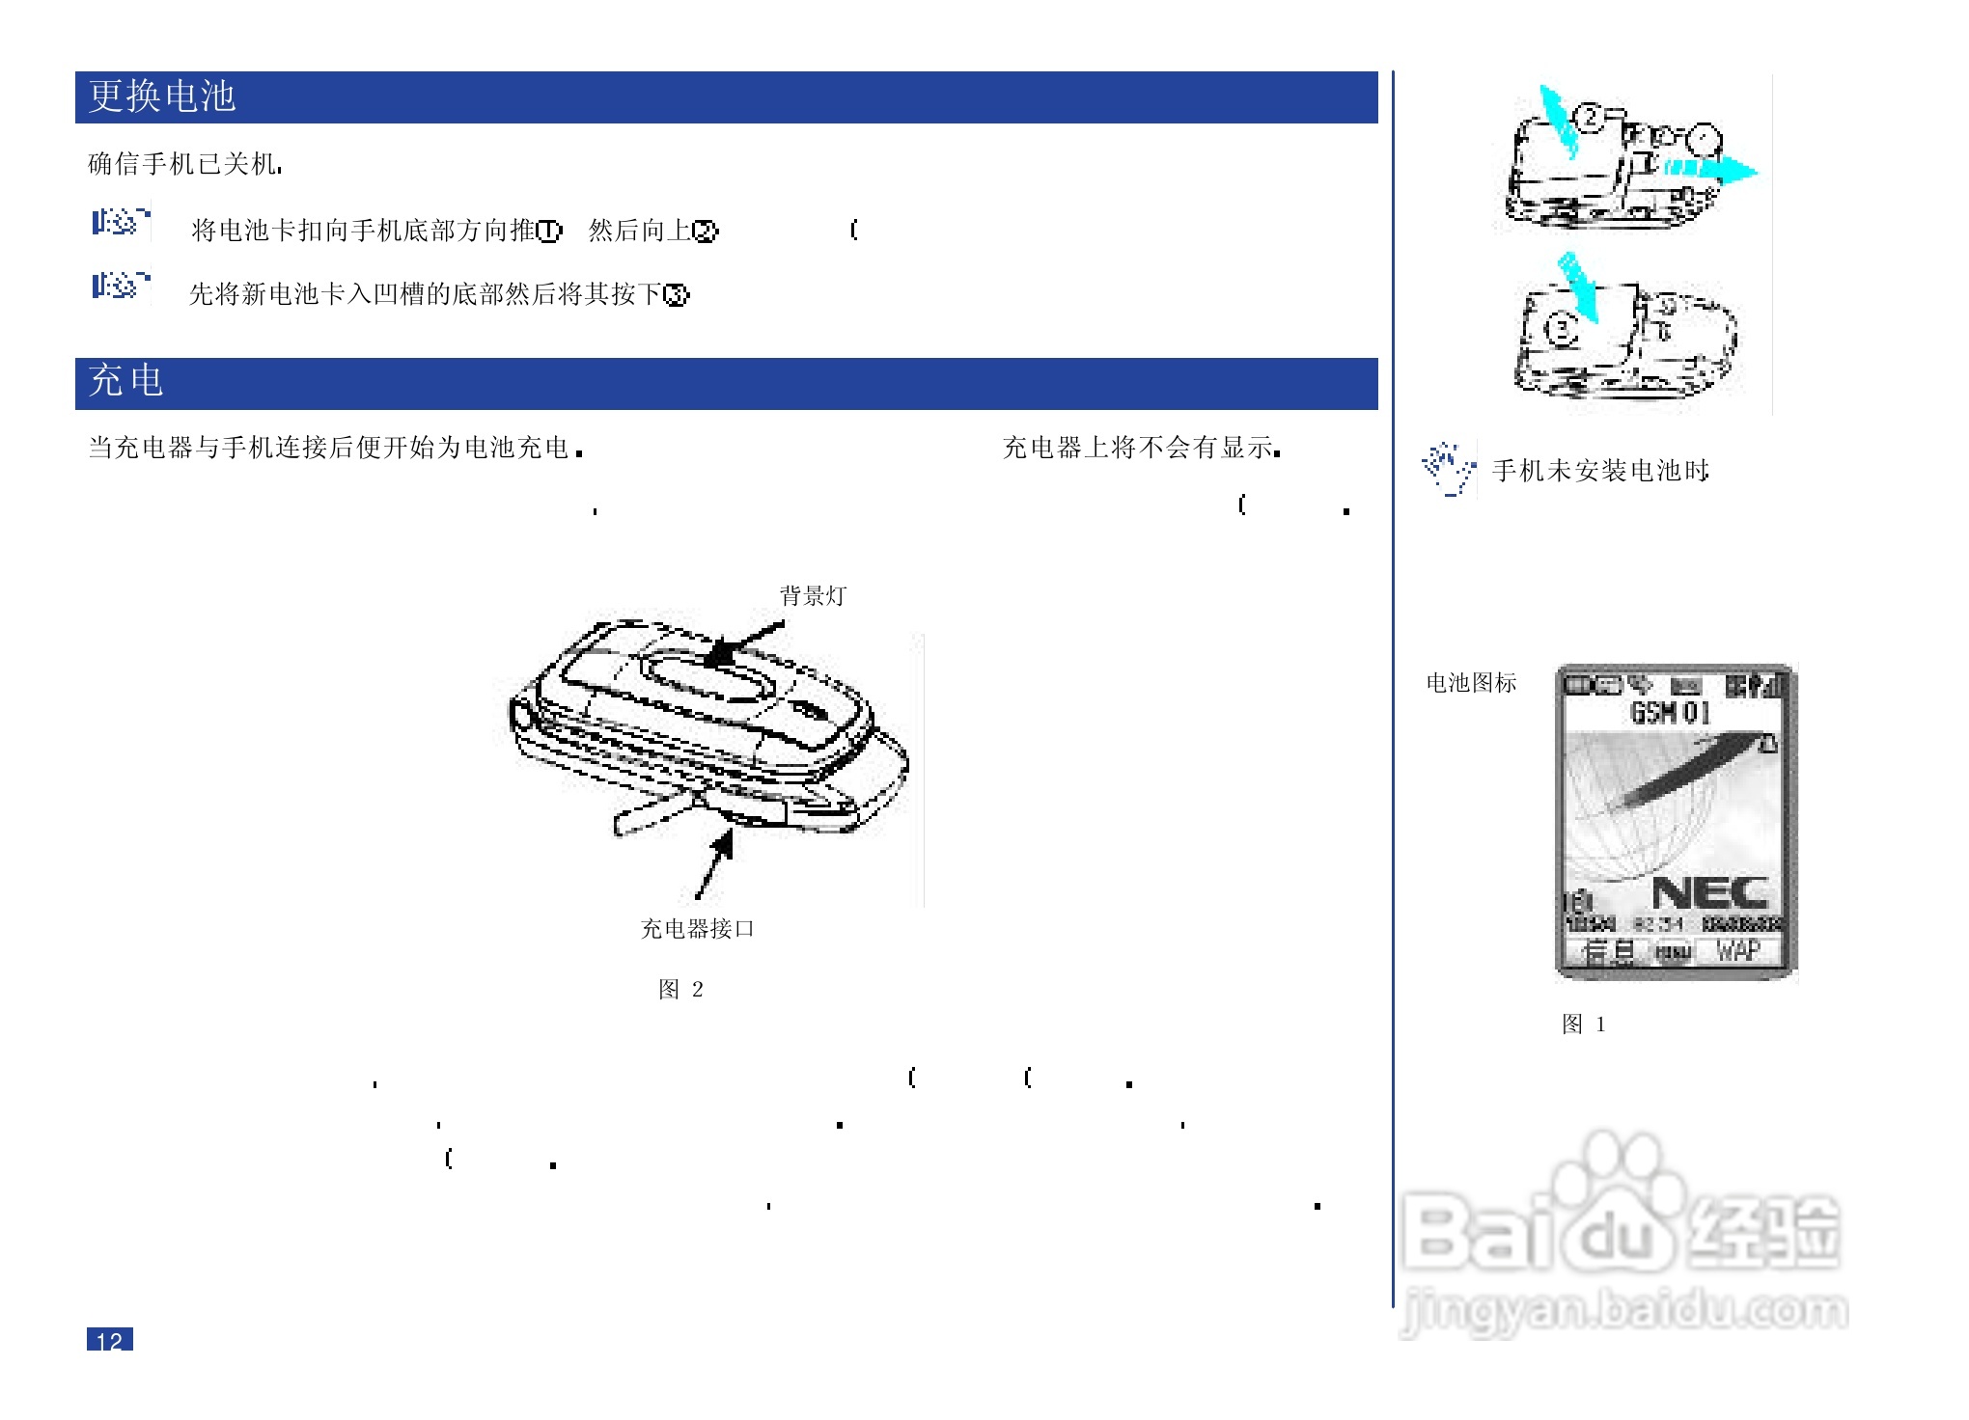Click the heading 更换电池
162,96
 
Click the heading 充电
125,381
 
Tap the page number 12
109,1340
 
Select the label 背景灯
812,596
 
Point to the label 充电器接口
697,929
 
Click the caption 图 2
680,990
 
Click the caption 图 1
1583,1024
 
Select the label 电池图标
1471,683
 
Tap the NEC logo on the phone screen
1709,893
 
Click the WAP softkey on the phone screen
1737,951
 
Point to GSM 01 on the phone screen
1670,713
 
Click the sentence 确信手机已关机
184,164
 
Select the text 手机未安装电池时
1600,471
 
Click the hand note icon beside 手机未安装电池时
1448,469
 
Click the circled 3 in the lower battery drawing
1561,330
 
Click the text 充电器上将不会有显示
1141,448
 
